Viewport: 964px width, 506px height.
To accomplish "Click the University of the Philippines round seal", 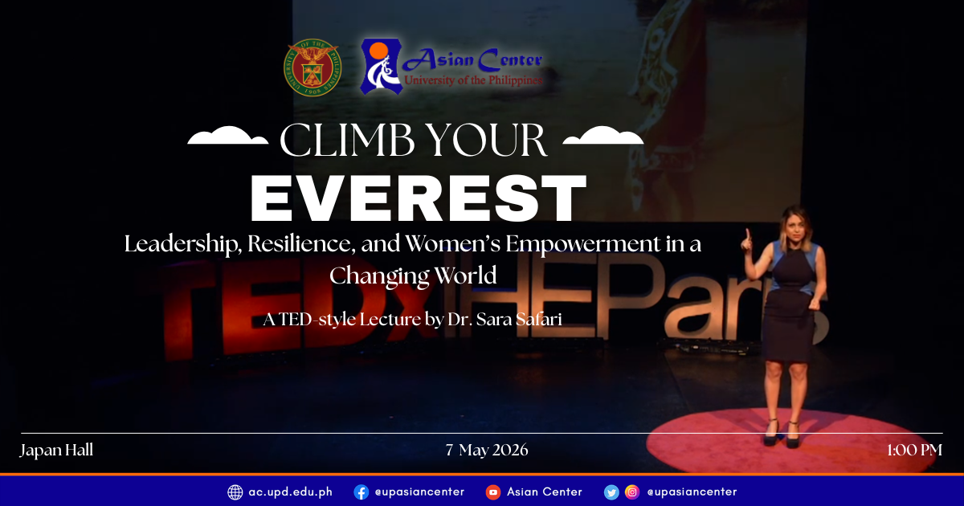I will click(x=311, y=67).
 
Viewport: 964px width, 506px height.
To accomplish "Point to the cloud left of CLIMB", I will click(x=227, y=137).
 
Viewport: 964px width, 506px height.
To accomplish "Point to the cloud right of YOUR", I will click(x=603, y=137).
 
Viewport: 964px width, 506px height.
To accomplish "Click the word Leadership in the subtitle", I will click(x=182, y=244).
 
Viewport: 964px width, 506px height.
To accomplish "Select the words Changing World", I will click(x=413, y=275).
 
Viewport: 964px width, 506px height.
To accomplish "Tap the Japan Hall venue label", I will click(x=56, y=450).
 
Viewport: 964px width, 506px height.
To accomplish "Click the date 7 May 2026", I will click(x=487, y=450).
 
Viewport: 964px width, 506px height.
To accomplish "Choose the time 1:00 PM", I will click(x=914, y=450).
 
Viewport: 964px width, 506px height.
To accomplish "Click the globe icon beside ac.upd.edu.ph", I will click(x=235, y=492).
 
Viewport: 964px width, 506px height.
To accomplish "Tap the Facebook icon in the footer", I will click(x=361, y=492).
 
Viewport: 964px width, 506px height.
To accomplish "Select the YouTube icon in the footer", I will click(x=492, y=492).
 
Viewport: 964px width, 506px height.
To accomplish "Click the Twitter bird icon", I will click(x=611, y=492).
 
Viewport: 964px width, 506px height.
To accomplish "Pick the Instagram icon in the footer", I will click(x=632, y=492).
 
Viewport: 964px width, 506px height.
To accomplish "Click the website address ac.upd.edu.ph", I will click(x=290, y=492).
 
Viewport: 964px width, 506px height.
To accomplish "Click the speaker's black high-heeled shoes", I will click(x=781, y=434).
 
